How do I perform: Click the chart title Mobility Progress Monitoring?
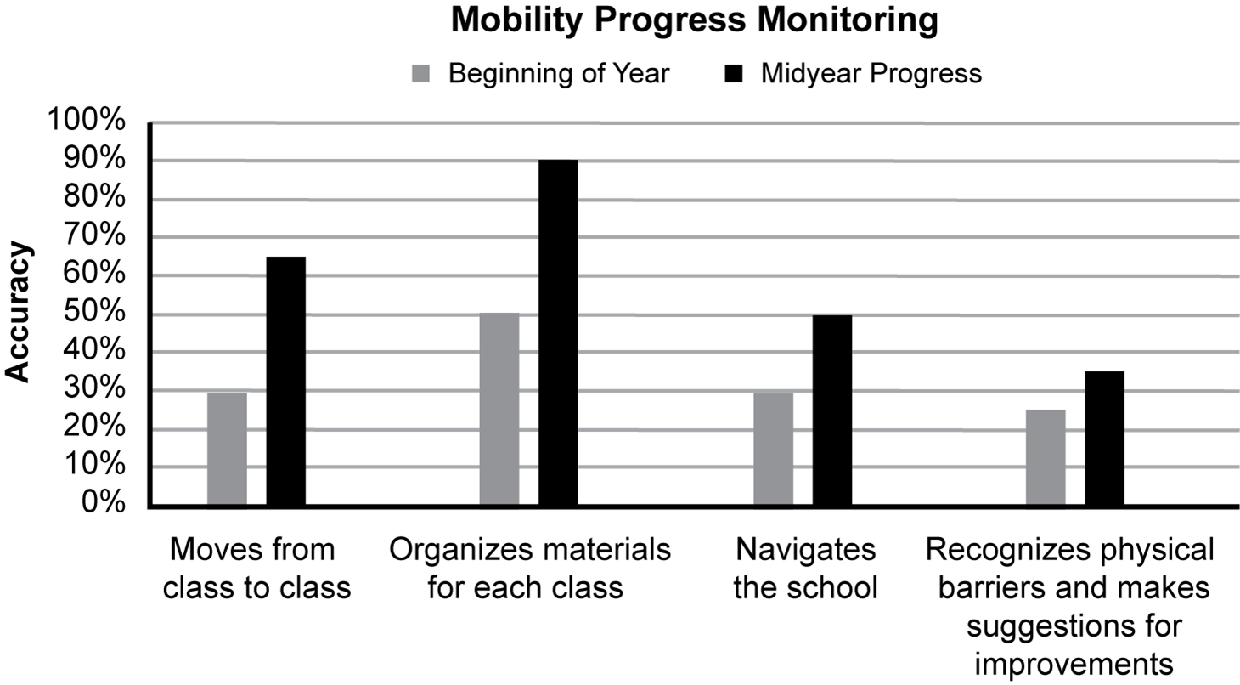(694, 21)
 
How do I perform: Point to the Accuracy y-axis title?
(18, 313)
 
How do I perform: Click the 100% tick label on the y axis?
(87, 122)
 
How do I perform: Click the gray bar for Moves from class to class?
(227, 449)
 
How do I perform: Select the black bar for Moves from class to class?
(285, 382)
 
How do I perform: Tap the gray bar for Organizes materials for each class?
(499, 410)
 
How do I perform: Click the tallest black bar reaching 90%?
(558, 333)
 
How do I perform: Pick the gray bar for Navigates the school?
(773, 449)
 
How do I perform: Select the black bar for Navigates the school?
(831, 410)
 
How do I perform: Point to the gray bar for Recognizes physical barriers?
(1045, 458)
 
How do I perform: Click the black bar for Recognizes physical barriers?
(1104, 439)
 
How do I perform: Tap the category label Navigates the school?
(804, 569)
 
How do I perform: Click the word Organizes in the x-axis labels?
(451, 550)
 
